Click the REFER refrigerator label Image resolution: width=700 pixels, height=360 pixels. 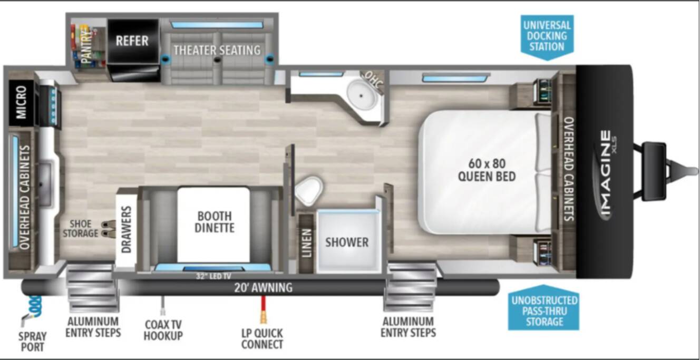(x=132, y=41)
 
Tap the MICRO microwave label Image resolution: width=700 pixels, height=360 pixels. (x=21, y=102)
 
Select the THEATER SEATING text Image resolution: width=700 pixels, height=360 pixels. (x=217, y=50)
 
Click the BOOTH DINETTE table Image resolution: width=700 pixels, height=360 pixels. (x=214, y=225)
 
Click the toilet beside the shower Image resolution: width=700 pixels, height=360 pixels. (x=309, y=190)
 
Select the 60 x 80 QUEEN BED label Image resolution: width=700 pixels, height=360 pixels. (x=487, y=170)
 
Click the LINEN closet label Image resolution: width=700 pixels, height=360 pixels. (x=307, y=243)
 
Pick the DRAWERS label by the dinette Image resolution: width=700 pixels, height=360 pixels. (x=126, y=229)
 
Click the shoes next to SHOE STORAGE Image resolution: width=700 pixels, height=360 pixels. (x=108, y=229)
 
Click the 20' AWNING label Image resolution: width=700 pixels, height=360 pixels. (x=264, y=287)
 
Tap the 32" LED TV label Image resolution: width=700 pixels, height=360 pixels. (x=214, y=276)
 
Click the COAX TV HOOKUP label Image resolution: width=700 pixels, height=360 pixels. (x=163, y=330)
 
